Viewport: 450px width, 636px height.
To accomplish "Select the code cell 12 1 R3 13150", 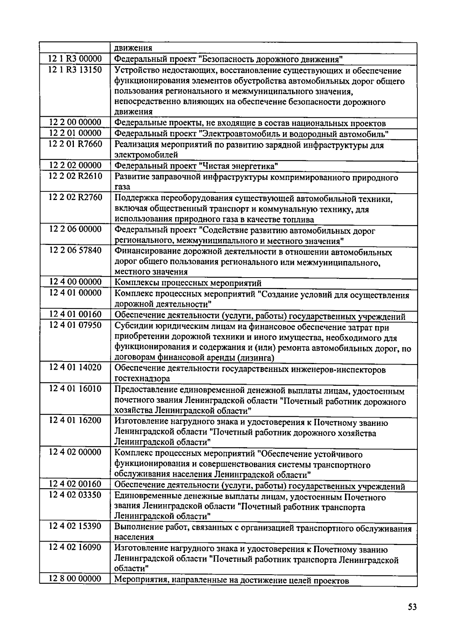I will tap(75, 70).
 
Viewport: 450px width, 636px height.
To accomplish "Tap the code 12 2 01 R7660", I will tap(75, 144).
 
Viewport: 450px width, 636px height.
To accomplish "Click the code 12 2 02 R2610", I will tap(75, 176).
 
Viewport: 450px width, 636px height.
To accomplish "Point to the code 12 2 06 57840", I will tap(75, 250).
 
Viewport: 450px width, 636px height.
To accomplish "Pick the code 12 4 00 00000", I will tap(75, 282).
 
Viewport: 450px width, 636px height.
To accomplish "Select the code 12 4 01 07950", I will tap(75, 325).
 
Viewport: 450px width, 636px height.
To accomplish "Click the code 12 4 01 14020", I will tap(75, 368).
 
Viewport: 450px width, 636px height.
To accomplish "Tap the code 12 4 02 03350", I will tap(75, 495).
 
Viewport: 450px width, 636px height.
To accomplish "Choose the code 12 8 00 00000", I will tap(75, 579).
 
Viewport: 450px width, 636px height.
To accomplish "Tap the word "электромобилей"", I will tap(146, 155).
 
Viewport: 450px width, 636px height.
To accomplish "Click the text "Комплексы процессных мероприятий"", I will tap(187, 283).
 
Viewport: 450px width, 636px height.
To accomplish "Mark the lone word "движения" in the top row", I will tap(133, 48).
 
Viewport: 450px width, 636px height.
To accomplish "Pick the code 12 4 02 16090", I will tap(75, 548).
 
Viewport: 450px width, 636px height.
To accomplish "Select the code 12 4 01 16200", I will tap(75, 421).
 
